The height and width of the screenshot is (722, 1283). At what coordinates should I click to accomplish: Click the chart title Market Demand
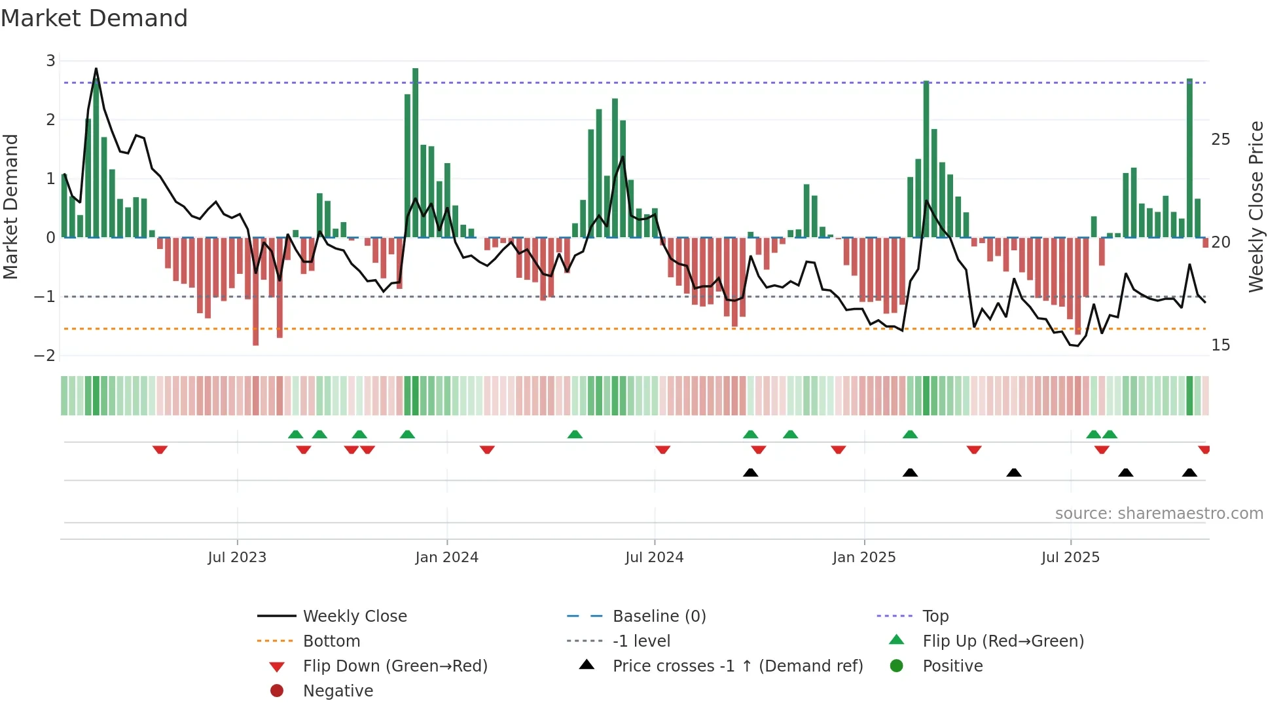pyautogui.click(x=94, y=18)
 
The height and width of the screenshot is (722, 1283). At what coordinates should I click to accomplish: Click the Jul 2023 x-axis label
pyautogui.click(x=237, y=558)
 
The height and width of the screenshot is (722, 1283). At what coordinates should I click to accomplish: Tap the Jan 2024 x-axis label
pyautogui.click(x=446, y=558)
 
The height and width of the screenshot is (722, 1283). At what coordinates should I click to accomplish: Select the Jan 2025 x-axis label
pyautogui.click(x=864, y=558)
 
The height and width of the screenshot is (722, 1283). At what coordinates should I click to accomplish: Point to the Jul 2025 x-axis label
pyautogui.click(x=1070, y=558)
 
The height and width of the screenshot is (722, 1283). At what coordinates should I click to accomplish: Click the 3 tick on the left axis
pyautogui.click(x=50, y=61)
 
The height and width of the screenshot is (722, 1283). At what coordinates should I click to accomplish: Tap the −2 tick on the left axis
pyautogui.click(x=45, y=356)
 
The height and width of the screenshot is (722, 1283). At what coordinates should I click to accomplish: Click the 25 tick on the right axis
pyautogui.click(x=1220, y=140)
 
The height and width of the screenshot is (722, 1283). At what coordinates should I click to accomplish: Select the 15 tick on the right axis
pyautogui.click(x=1220, y=345)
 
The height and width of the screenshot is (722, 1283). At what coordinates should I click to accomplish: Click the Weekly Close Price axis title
pyautogui.click(x=1256, y=206)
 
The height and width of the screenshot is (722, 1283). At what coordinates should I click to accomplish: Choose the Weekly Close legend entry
pyautogui.click(x=354, y=617)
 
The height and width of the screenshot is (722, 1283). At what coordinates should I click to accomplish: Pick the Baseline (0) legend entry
pyautogui.click(x=659, y=617)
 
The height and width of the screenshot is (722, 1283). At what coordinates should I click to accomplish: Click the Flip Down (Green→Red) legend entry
pyautogui.click(x=395, y=666)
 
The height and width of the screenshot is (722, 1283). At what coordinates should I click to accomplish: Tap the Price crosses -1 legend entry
pyautogui.click(x=737, y=666)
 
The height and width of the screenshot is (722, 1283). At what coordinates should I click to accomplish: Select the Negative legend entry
pyautogui.click(x=338, y=691)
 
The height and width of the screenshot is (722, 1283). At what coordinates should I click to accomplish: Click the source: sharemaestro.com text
pyautogui.click(x=1159, y=514)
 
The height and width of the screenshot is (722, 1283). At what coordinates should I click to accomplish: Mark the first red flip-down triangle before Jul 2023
pyautogui.click(x=160, y=449)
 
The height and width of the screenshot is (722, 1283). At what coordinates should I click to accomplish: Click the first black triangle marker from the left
pyautogui.click(x=751, y=472)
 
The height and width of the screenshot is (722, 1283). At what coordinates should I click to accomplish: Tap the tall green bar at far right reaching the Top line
pyautogui.click(x=1189, y=157)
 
